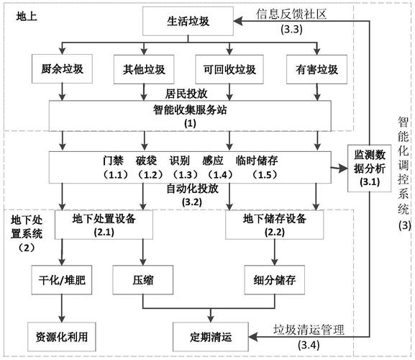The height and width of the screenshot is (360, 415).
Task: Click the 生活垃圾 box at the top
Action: (189, 22)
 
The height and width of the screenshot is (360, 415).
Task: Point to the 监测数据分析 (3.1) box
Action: (368, 169)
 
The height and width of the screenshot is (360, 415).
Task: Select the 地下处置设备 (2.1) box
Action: (105, 224)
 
